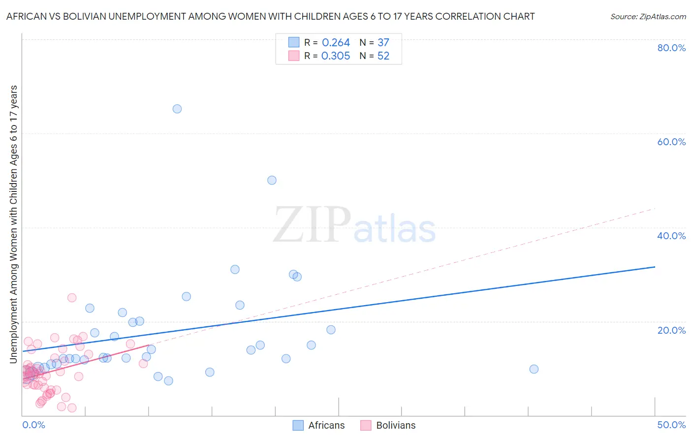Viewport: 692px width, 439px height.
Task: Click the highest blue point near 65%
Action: (177, 109)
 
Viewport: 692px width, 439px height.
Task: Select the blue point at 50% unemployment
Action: (272, 180)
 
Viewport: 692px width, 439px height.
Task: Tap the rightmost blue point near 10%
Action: (534, 369)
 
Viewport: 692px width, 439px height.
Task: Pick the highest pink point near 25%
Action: (72, 298)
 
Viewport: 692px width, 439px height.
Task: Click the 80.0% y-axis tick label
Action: (671, 48)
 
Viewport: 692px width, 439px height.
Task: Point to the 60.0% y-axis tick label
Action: (671, 142)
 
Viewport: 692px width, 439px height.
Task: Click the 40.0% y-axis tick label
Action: (671, 236)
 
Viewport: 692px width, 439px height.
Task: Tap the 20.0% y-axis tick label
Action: (671, 330)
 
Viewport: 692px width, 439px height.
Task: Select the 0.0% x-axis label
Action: (33, 425)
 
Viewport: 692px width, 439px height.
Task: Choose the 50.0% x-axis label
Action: (671, 425)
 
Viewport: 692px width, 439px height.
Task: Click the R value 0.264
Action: (336, 43)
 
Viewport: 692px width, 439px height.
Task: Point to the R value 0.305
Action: (336, 56)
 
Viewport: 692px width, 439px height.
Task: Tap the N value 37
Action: (383, 43)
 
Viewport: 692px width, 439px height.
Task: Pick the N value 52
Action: (383, 56)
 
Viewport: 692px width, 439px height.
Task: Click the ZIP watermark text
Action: (312, 225)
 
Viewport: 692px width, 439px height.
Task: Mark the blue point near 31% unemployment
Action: (235, 269)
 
